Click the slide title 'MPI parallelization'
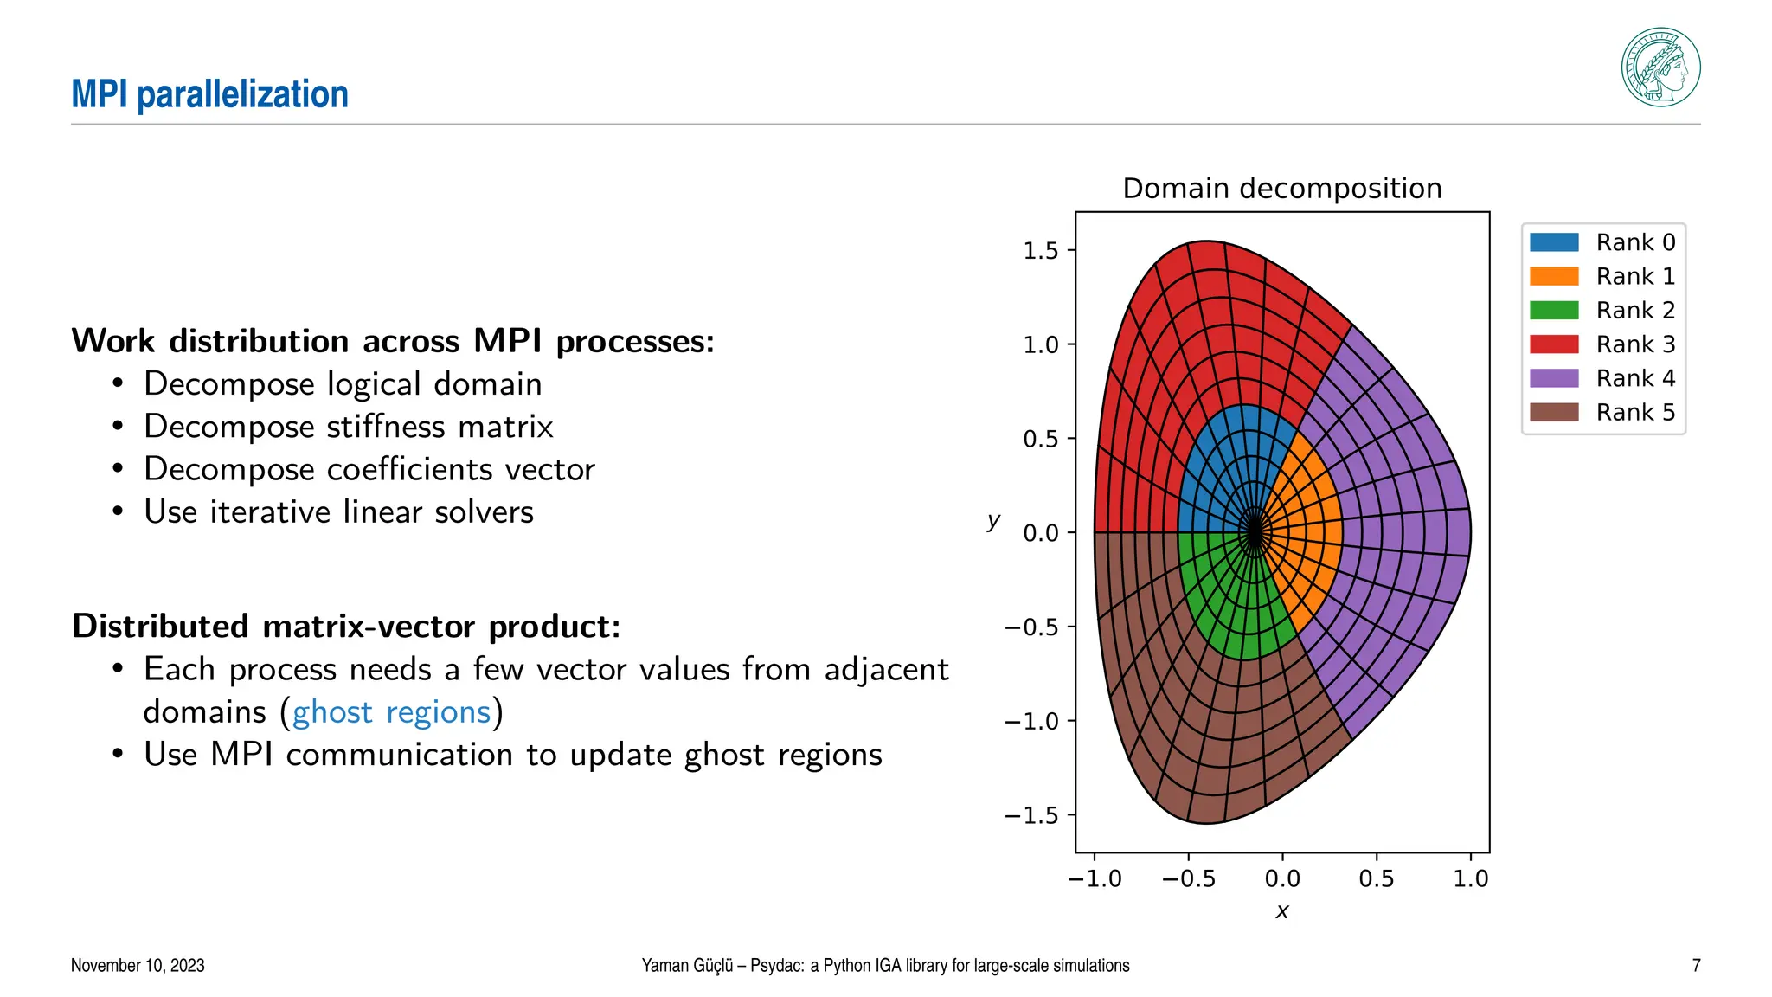(209, 93)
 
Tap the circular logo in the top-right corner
(1660, 68)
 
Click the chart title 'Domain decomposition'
(1281, 188)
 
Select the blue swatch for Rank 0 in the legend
(1554, 242)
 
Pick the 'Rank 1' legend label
(1635, 276)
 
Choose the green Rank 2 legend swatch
(1554, 310)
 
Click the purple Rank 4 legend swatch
(1554, 378)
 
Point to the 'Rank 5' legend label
(1635, 412)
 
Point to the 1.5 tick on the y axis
(1041, 251)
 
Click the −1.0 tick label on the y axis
(1031, 721)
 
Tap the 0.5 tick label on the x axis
(1376, 879)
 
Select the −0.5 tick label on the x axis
(1188, 879)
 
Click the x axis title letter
(1282, 911)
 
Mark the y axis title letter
(993, 520)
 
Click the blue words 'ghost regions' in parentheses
(391, 712)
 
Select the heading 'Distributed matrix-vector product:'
(346, 626)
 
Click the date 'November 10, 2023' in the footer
(138, 965)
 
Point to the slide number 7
(1696, 965)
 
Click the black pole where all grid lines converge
(1254, 532)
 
